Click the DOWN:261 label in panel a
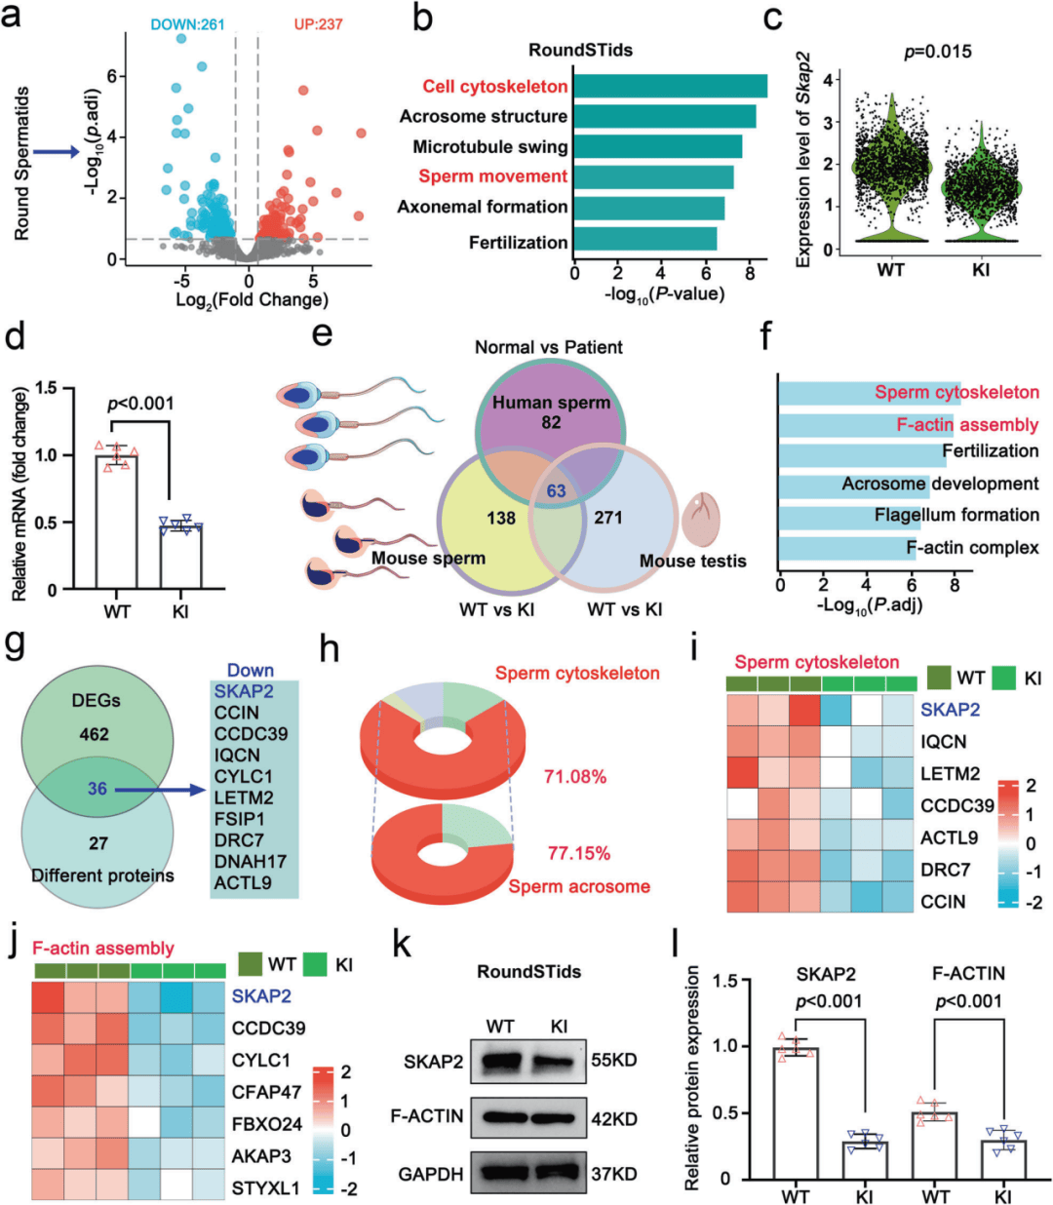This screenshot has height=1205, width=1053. [x=187, y=23]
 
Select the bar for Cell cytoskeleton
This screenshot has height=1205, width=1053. [x=669, y=86]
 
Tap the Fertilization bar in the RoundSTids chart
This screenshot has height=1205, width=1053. [x=644, y=239]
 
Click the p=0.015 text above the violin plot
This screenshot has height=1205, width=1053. [x=937, y=52]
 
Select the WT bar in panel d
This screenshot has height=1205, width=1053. [x=117, y=522]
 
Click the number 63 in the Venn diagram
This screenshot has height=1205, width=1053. [x=556, y=490]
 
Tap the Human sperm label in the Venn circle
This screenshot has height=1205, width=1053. [x=551, y=403]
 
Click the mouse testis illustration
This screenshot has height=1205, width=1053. [x=700, y=518]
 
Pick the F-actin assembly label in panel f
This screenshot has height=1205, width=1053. [x=967, y=424]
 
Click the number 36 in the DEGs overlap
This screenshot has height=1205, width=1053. [x=97, y=789]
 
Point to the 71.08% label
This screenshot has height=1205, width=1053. [x=575, y=777]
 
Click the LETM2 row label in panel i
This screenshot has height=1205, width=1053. [x=950, y=774]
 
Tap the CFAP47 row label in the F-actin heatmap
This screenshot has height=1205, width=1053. [x=266, y=1092]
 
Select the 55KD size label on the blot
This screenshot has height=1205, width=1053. [x=614, y=1060]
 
